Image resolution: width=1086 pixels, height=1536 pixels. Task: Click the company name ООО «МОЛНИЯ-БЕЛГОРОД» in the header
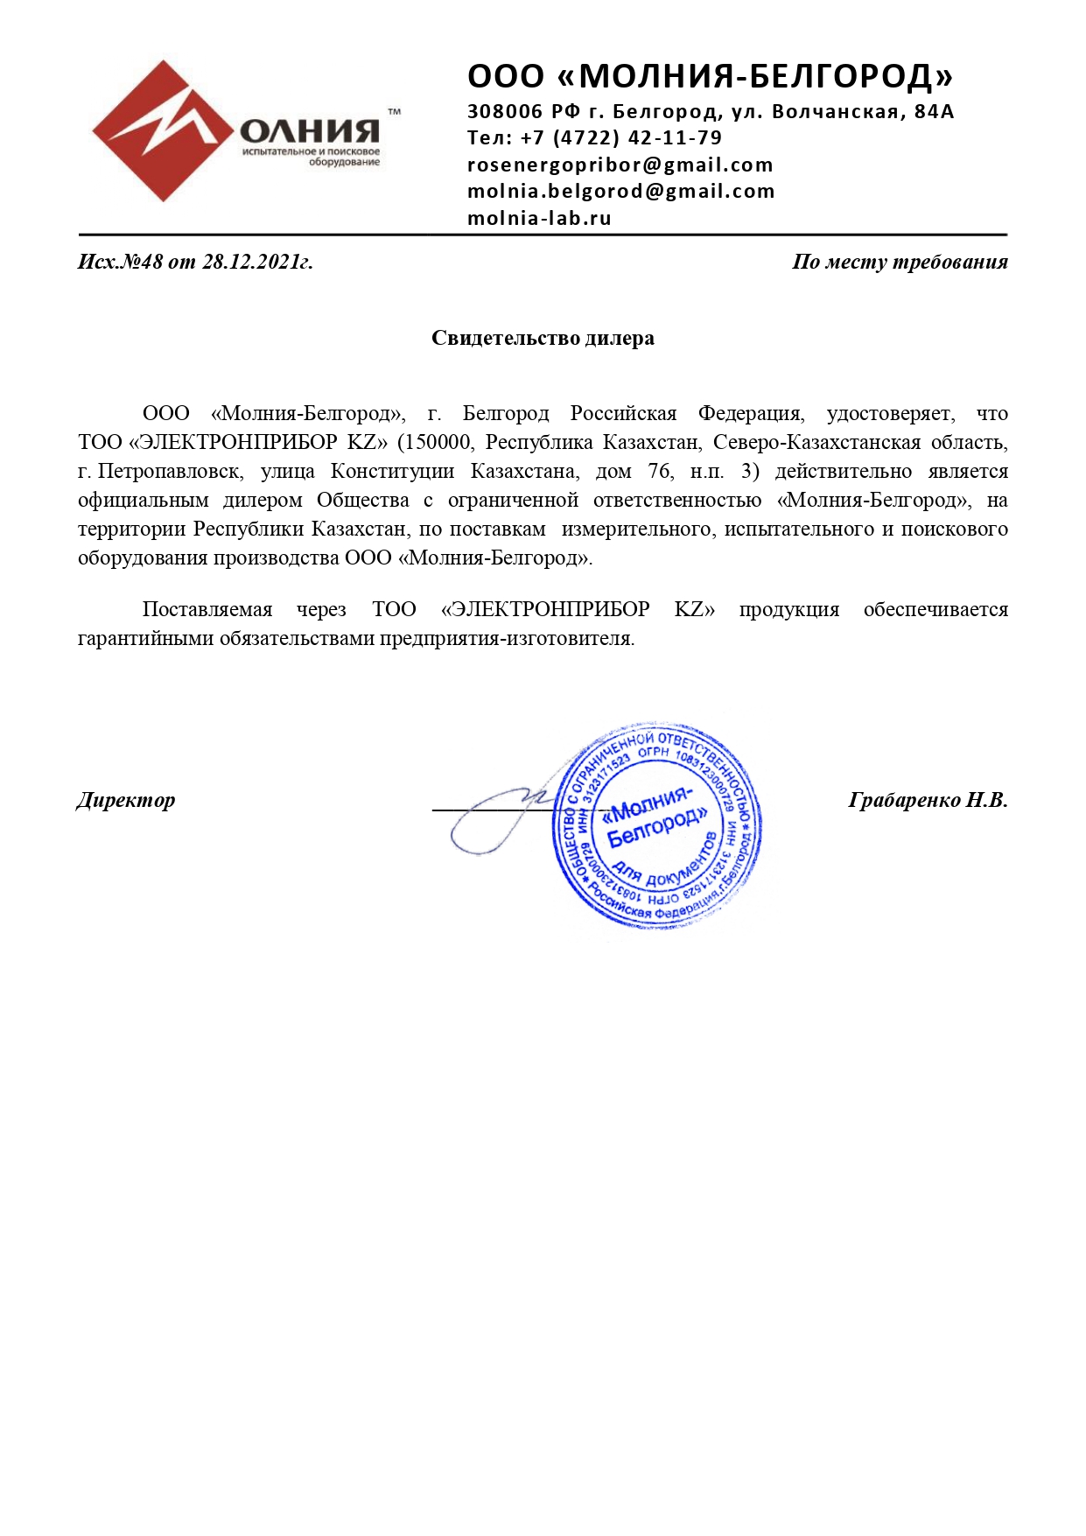click(710, 77)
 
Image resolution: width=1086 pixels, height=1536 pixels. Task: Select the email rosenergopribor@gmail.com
click(620, 165)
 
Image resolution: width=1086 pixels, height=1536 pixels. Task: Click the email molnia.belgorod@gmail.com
click(620, 192)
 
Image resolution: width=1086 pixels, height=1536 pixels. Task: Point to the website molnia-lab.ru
click(539, 219)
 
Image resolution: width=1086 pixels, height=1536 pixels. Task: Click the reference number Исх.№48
click(121, 262)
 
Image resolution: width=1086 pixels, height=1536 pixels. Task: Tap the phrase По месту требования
click(900, 262)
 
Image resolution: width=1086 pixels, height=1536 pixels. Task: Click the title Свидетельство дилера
click(543, 339)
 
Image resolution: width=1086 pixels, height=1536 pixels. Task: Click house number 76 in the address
click(659, 472)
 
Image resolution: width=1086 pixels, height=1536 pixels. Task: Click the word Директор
click(126, 800)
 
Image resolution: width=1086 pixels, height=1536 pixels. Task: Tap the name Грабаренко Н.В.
click(928, 800)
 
